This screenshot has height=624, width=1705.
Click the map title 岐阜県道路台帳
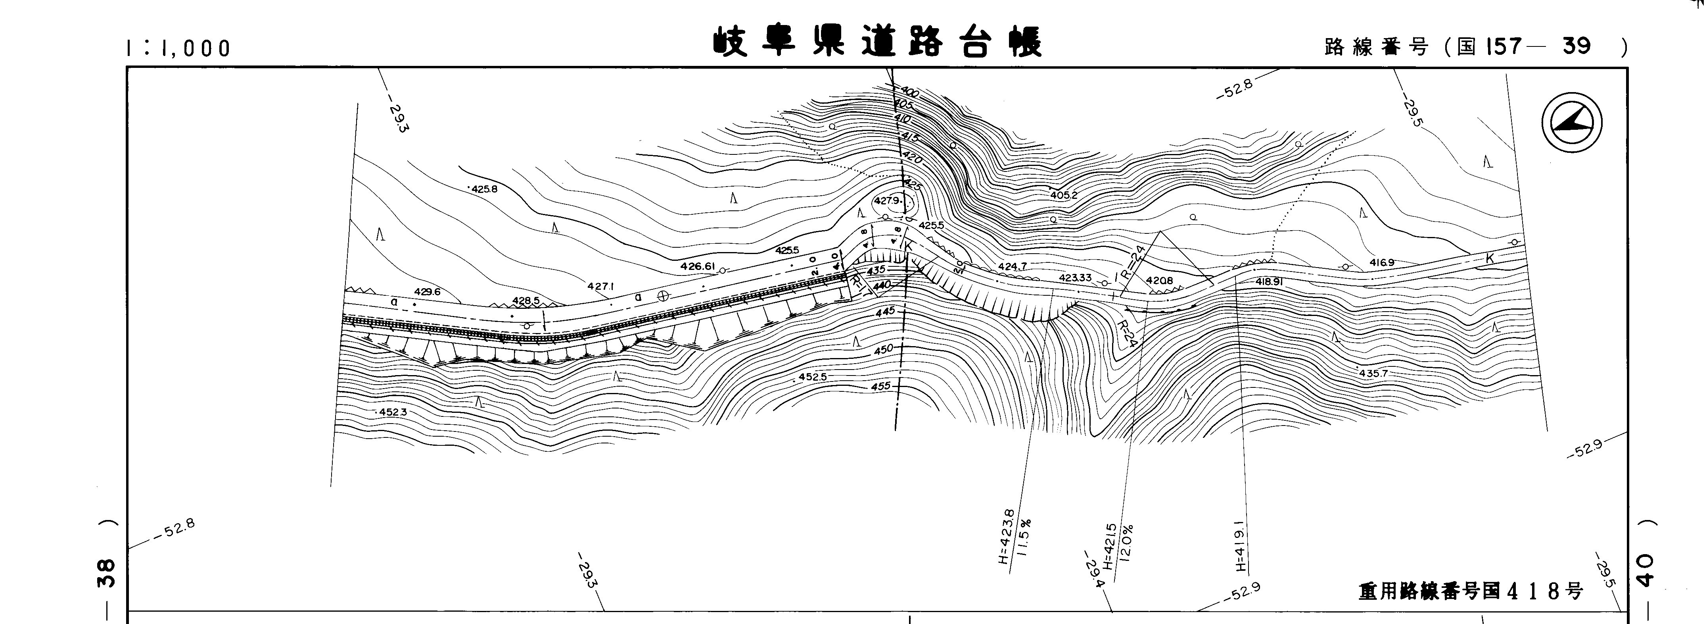[877, 43]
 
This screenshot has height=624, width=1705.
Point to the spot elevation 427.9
[887, 201]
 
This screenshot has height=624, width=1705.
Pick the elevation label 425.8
[484, 189]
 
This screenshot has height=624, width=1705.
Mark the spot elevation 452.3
[393, 412]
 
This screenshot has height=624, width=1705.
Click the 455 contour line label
[881, 386]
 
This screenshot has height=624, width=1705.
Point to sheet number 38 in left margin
[106, 573]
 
